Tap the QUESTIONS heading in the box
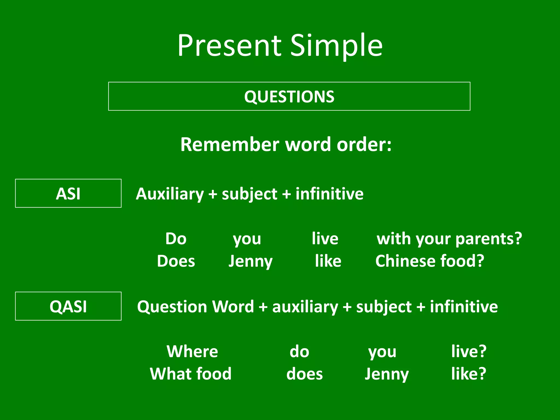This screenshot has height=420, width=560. coord(289,97)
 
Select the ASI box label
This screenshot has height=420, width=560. coord(68,194)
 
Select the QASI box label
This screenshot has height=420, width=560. coord(68,306)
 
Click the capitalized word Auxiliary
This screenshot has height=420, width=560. coord(170,194)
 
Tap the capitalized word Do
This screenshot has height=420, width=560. coord(176,238)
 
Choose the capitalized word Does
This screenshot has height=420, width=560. coord(176,261)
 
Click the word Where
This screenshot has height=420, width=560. coord(192,351)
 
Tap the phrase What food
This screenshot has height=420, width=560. coord(191,374)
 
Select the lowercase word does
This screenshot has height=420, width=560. coord(304,374)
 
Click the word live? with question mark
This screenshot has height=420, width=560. coord(469,351)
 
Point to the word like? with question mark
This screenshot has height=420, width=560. coord(469,374)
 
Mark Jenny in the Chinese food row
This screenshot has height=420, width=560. coord(250,261)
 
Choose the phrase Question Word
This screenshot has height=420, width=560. coord(196,307)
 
